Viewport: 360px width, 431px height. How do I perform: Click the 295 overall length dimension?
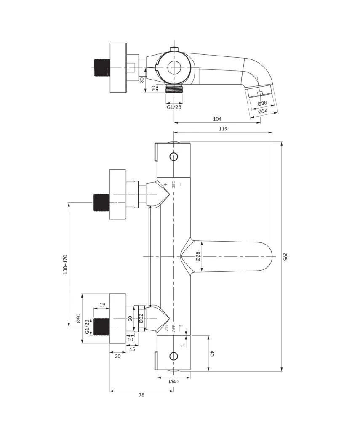[285, 256]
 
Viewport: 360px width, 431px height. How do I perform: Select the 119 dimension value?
[223, 130]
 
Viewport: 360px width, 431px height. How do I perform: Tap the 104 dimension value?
[217, 119]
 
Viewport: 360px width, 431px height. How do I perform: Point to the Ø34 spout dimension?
[263, 111]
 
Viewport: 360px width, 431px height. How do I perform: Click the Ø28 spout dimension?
[262, 103]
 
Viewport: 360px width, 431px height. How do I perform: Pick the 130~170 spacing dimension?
[65, 264]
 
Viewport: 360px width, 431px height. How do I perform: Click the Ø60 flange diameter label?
[78, 319]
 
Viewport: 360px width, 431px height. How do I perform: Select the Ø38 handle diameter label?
[198, 256]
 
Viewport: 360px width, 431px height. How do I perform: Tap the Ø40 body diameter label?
[173, 381]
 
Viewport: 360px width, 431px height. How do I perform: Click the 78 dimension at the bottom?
[141, 395]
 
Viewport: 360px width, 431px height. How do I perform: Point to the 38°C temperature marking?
[173, 184]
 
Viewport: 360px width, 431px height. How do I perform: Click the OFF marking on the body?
[173, 328]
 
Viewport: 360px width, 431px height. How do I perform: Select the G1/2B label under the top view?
[174, 107]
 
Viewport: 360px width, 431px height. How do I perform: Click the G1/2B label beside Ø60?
[88, 326]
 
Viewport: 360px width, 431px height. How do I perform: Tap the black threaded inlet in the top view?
[101, 67]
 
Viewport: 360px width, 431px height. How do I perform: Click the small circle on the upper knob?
[174, 157]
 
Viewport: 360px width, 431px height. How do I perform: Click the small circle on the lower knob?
[174, 356]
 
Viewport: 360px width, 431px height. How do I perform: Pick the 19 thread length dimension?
[102, 305]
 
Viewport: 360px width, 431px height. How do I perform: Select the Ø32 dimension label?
[141, 319]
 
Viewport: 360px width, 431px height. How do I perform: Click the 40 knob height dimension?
[212, 354]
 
